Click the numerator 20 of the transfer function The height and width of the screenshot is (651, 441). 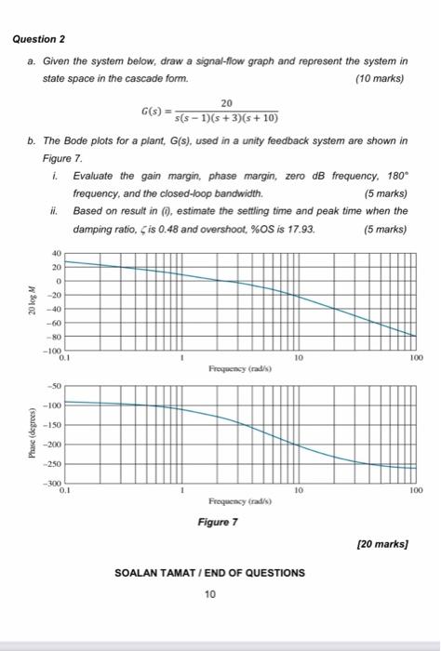227,102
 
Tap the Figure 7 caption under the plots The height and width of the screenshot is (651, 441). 220,522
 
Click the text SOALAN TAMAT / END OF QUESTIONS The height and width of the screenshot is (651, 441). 209,573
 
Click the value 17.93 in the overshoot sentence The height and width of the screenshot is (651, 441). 302,229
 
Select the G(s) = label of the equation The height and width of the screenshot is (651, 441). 156,113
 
